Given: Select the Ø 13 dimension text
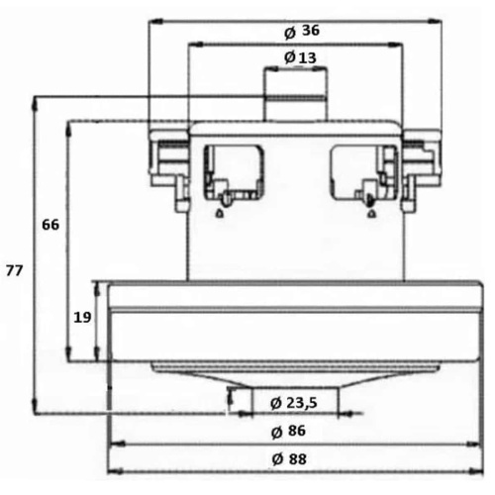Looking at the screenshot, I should pyautogui.click(x=300, y=57).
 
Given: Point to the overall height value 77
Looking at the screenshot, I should pyautogui.click(x=14, y=269).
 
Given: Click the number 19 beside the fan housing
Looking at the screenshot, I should pyautogui.click(x=82, y=317).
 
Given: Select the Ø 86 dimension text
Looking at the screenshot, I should pyautogui.click(x=286, y=432).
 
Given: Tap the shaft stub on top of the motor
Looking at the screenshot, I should pyautogui.click(x=294, y=94).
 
